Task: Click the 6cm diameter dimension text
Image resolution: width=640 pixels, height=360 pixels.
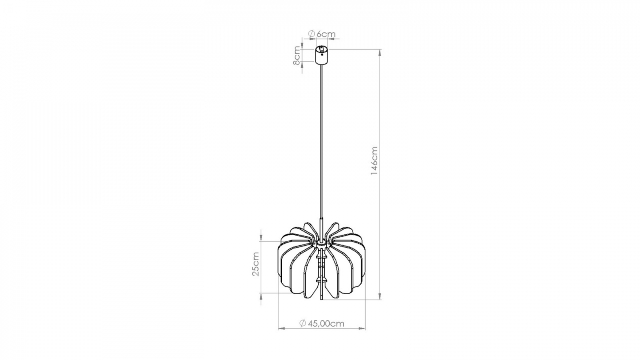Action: tap(325, 34)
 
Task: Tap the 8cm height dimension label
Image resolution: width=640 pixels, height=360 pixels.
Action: tap(296, 56)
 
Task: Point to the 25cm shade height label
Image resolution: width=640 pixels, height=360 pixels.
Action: tap(255, 264)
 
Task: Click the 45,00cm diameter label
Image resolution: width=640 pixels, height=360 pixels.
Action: tap(326, 324)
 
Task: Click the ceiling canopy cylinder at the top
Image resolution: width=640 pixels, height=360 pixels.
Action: tap(322, 55)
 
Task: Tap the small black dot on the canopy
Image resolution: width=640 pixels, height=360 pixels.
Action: tap(322, 55)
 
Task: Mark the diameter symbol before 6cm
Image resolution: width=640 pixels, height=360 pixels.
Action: tap(311, 34)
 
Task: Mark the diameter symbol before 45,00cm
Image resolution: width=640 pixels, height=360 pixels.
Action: tap(303, 324)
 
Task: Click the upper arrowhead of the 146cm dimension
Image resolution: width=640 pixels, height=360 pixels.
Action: tap(380, 52)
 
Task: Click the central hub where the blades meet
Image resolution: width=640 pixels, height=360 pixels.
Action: tap(321, 244)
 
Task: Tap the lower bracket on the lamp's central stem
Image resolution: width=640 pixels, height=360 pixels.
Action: tap(321, 280)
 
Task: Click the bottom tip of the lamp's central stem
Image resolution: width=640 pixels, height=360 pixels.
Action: tap(321, 299)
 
